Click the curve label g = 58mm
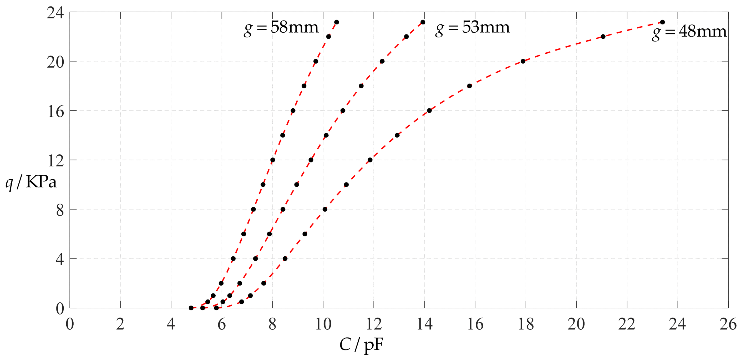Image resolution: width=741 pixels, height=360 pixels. [x=281, y=28]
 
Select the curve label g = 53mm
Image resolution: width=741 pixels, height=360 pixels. [x=472, y=28]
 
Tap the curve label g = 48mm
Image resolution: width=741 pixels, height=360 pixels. [x=689, y=32]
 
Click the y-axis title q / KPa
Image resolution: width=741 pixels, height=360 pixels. [x=31, y=182]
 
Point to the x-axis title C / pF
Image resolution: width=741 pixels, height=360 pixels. [x=361, y=344]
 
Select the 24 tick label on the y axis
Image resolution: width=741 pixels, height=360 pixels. [x=55, y=13]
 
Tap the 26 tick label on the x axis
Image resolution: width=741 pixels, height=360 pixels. [x=728, y=324]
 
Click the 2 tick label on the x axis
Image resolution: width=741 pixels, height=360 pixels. [x=120, y=324]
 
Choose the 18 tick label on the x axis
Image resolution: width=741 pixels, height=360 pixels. [x=526, y=324]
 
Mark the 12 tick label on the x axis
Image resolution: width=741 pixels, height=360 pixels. [x=374, y=324]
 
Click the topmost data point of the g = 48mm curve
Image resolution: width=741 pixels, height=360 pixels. [x=662, y=22]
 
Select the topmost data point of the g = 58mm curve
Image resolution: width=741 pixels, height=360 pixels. [x=337, y=22]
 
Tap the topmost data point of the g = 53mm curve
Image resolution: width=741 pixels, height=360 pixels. [x=423, y=22]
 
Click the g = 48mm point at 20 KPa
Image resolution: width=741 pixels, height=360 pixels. [x=523, y=61]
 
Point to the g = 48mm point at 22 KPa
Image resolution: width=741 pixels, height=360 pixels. [x=603, y=37]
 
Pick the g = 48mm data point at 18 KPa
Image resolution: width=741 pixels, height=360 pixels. [x=469, y=86]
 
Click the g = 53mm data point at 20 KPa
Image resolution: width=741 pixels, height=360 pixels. [x=382, y=61]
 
